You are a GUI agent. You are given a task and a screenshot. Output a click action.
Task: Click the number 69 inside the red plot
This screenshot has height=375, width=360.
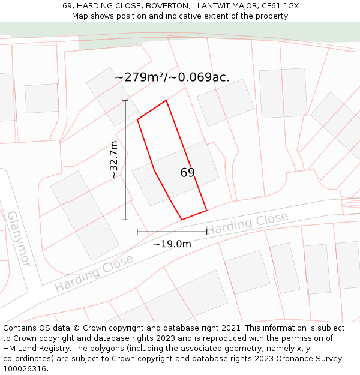[x=188, y=173]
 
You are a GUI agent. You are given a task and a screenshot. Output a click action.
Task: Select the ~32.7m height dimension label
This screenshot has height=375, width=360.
[x=114, y=160]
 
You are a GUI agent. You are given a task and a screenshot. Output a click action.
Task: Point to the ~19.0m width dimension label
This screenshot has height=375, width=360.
[x=172, y=244]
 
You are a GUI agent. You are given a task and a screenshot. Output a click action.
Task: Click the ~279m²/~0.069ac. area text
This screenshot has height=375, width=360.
[x=172, y=77]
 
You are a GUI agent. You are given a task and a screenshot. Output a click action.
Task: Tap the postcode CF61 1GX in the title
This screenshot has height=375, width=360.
[x=280, y=6]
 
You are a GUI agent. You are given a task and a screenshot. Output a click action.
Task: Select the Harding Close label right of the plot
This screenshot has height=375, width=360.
[x=247, y=223]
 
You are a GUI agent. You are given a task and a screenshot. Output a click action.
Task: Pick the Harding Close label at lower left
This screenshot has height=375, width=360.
[x=94, y=273]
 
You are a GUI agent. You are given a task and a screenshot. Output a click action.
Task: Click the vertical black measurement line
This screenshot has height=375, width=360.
[x=126, y=160]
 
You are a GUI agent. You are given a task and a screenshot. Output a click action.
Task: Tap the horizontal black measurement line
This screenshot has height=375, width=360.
[x=172, y=231]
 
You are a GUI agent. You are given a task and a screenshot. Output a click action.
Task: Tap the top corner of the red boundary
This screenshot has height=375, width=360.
[x=166, y=100]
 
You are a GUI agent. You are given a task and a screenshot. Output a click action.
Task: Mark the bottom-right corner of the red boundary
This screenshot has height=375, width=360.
[x=207, y=210]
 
